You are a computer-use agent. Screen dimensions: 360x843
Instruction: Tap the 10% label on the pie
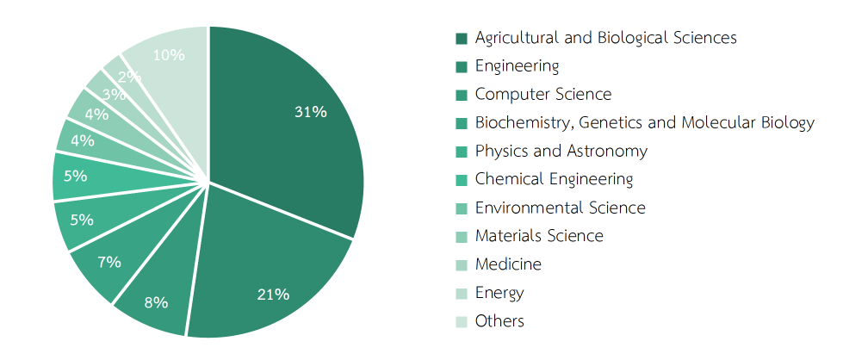coord(168,55)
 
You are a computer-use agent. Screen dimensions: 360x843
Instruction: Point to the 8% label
coord(156,302)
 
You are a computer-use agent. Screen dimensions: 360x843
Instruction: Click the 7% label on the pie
coord(109,262)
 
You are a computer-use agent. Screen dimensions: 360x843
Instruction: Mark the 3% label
coord(113,95)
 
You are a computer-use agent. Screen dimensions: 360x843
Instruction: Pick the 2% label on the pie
coord(130,77)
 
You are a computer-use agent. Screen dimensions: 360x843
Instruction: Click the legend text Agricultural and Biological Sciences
coord(605,38)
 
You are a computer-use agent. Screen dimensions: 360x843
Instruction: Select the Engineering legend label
coord(517,66)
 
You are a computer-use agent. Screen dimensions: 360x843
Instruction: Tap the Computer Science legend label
coord(542,95)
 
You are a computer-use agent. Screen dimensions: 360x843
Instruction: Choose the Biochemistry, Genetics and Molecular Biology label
coord(644,123)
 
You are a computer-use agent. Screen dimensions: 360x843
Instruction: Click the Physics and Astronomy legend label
coord(561,152)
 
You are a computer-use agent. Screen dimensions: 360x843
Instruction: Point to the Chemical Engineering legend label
coord(554,179)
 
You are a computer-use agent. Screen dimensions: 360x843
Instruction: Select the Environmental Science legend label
coord(560,208)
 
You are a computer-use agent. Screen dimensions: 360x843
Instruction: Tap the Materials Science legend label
coord(539,236)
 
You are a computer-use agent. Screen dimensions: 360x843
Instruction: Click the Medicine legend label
coord(508,264)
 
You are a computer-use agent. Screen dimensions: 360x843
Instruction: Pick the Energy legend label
coord(499,293)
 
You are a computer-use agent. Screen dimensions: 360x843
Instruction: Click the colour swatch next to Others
coord(462,322)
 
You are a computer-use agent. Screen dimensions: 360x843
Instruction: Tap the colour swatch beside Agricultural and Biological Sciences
coord(462,38)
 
